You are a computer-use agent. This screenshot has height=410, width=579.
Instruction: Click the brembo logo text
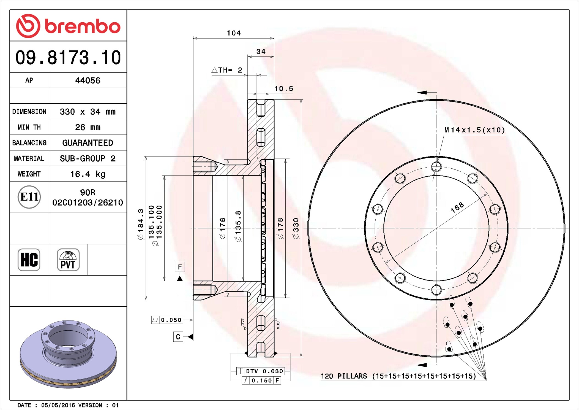pyautogui.click(x=82, y=26)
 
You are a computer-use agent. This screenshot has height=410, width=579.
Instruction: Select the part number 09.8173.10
pyautogui.click(x=68, y=57)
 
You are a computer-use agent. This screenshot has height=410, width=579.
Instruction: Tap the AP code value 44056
pyautogui.click(x=88, y=80)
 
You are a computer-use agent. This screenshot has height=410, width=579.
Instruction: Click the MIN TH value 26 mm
pyautogui.click(x=88, y=127)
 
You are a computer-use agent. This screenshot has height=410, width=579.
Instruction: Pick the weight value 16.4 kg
pyautogui.click(x=88, y=174)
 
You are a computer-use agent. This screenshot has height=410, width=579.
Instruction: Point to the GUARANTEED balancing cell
pyautogui.click(x=88, y=143)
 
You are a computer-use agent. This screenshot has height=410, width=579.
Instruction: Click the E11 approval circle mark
pyautogui.click(x=29, y=197)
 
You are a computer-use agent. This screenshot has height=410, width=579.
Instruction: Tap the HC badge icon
pyautogui.click(x=29, y=260)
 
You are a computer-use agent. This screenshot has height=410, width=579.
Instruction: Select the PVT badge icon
pyautogui.click(x=68, y=260)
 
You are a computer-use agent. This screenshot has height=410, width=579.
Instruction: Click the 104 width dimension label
pyautogui.click(x=234, y=33)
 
